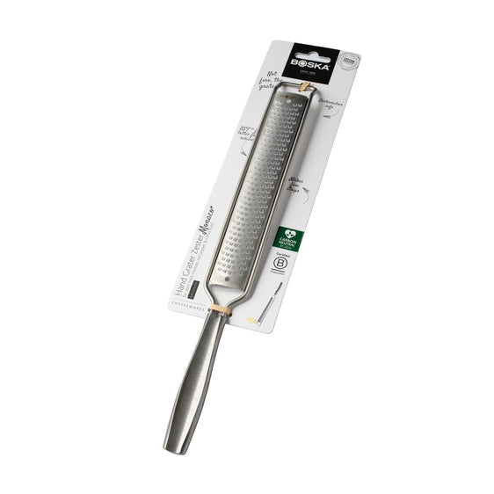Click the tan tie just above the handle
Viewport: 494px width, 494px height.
point(225,309)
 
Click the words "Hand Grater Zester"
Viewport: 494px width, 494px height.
point(199,265)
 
